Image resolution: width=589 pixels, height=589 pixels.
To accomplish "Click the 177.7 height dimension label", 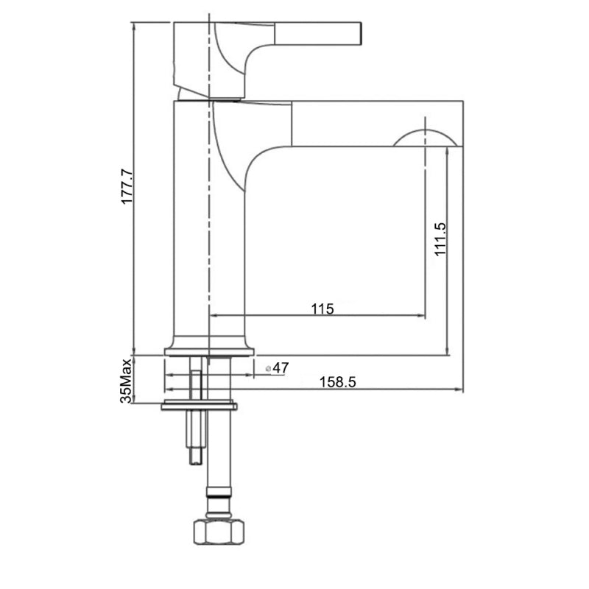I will pos(127,186).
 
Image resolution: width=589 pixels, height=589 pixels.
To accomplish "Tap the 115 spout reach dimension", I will pos(322,309).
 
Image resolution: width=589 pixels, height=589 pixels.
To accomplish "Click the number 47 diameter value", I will pos(281,367).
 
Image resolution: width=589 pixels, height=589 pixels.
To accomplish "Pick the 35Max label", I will pos(127,381).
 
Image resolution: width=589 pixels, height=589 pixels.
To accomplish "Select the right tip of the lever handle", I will pos(362,32).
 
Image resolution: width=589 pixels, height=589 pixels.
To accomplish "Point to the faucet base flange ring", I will pos(208,348).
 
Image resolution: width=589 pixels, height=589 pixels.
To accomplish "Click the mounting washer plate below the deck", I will pos(199,405).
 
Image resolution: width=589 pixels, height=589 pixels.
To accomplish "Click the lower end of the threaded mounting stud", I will pos(195,458).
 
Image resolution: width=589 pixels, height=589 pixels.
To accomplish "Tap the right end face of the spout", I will pos(461,124).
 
